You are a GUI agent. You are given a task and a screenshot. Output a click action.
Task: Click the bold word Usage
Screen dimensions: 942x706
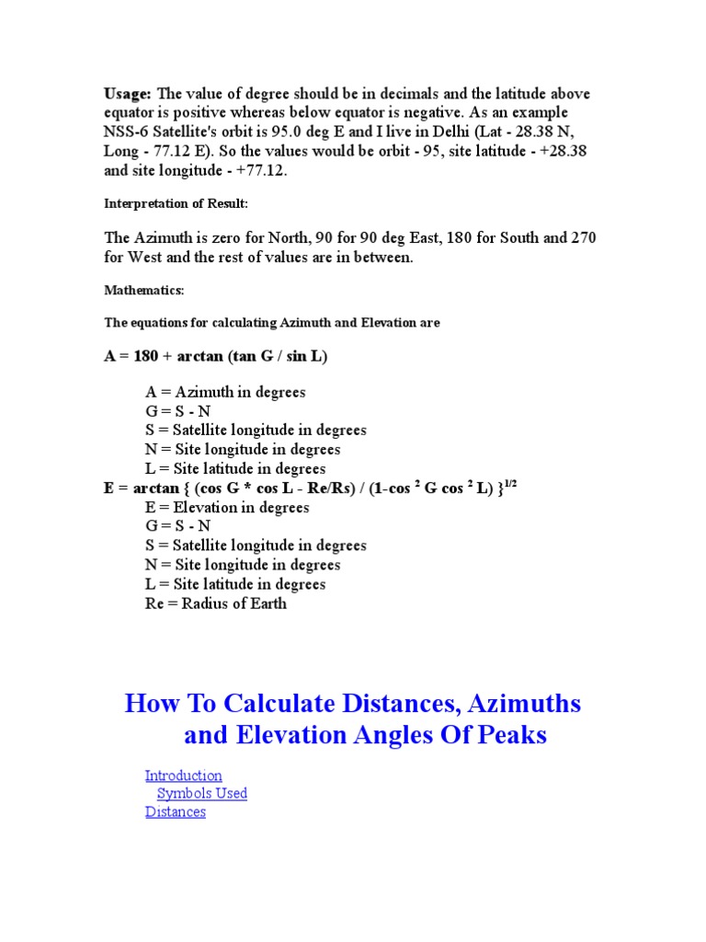(x=129, y=94)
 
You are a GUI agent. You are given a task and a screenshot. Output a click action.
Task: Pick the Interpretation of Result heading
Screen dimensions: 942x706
(x=176, y=202)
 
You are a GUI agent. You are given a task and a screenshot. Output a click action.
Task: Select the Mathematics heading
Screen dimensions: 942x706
(x=144, y=291)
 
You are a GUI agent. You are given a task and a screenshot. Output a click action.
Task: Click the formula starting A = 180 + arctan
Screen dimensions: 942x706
(x=216, y=356)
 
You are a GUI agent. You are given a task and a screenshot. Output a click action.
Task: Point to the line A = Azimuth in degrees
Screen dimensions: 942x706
(x=225, y=392)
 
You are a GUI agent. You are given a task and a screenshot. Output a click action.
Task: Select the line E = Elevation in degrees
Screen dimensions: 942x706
(x=227, y=508)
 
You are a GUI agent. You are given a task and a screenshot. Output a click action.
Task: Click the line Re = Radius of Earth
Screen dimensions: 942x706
(x=216, y=604)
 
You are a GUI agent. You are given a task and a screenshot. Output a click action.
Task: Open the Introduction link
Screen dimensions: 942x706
(x=183, y=775)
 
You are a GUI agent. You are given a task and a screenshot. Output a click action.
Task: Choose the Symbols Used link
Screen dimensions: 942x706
(x=201, y=794)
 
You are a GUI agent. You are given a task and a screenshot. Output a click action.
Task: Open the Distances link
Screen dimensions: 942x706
(x=175, y=812)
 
